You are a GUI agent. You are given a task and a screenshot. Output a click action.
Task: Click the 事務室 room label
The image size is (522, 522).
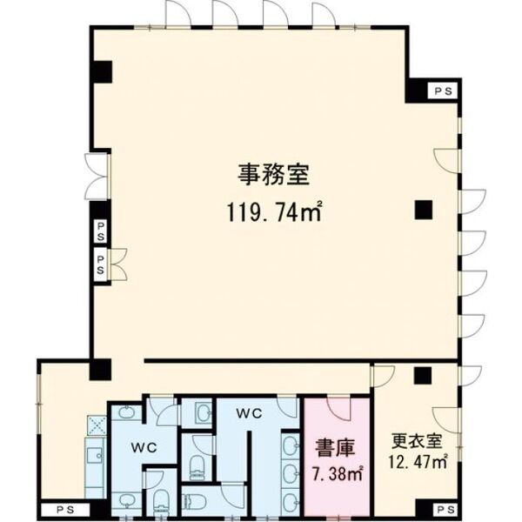coord(274,174)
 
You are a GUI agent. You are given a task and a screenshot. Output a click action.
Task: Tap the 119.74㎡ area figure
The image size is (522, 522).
coord(275,211)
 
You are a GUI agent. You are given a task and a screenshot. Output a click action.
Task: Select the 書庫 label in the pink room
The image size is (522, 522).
coord(335,448)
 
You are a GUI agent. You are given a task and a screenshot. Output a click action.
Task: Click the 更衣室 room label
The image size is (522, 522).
coord(417,441)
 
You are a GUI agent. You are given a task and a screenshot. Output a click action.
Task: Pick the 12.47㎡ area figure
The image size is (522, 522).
coord(418,462)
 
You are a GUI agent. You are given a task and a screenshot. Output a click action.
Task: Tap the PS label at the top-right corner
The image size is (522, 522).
coord(444,91)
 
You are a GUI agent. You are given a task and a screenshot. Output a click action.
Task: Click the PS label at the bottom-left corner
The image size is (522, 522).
coord(65,510)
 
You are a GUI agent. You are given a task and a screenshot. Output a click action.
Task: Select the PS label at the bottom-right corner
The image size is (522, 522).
coord(445,510)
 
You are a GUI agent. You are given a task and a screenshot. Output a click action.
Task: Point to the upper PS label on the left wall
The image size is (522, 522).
coord(101,231)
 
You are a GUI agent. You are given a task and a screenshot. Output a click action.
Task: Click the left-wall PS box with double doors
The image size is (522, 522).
coord(101,264)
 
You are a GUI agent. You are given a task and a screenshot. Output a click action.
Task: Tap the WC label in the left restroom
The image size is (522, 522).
coord(144,448)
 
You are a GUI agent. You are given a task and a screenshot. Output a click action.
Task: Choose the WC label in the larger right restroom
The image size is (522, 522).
coord(249,413)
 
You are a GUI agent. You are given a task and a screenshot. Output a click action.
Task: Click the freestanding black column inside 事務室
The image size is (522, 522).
coord(424,210)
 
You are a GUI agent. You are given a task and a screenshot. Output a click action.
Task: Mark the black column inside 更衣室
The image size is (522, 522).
coord(423,375)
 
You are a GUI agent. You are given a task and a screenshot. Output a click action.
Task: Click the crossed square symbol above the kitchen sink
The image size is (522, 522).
coord(97,425)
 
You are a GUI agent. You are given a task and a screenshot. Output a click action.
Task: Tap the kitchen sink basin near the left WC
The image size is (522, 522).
coord(94,455)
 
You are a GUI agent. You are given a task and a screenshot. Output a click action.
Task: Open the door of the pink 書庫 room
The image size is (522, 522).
coord(338,408)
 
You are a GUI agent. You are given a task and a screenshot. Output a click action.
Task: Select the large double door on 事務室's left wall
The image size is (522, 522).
coord(97,177)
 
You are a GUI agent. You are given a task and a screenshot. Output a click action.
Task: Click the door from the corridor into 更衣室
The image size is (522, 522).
coord(383,377)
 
